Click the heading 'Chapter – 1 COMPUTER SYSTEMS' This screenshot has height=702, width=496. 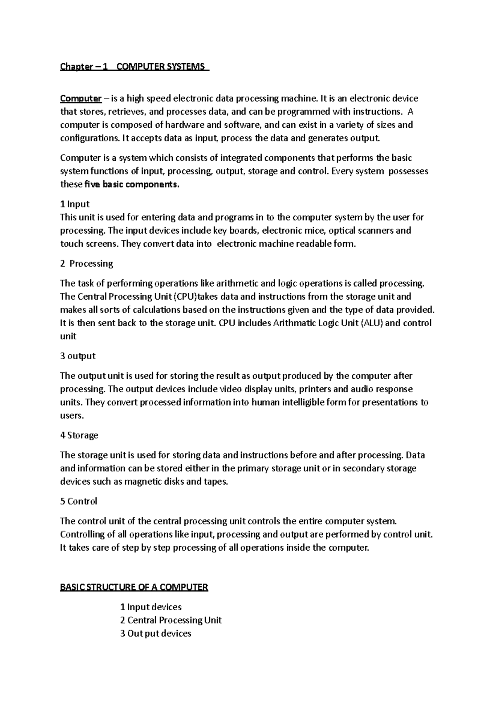point(134,67)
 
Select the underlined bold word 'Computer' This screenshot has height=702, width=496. point(81,98)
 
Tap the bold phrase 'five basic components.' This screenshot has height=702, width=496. point(132,184)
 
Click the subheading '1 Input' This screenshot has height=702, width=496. point(75,204)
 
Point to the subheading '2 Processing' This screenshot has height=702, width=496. point(86,263)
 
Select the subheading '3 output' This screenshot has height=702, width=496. point(78,356)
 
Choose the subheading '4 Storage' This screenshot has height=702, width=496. point(79,435)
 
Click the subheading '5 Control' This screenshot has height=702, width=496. point(79,501)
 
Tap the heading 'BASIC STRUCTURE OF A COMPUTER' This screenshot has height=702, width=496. point(134,587)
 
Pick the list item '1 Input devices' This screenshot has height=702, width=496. point(151,607)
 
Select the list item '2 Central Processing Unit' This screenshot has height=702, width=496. point(171,620)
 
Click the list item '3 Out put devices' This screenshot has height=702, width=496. point(156,633)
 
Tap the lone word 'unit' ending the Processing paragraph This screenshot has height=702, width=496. point(68,336)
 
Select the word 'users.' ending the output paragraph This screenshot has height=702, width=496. point(72,415)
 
